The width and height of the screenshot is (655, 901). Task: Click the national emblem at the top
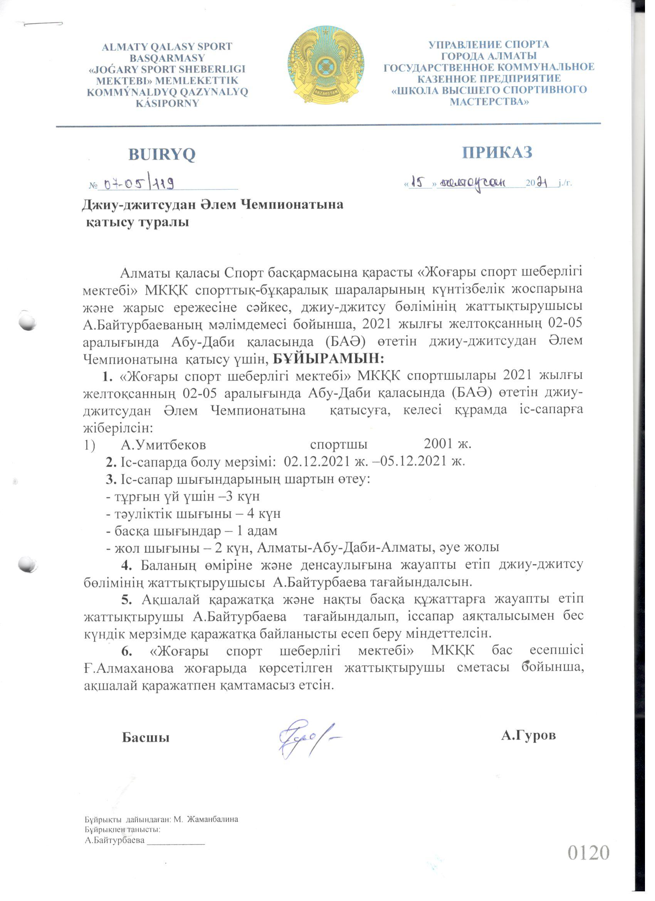tap(326, 66)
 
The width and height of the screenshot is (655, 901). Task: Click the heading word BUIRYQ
tap(162, 155)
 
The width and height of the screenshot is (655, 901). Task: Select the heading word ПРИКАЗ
tap(497, 153)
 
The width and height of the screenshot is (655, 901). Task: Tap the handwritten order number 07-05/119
tap(139, 183)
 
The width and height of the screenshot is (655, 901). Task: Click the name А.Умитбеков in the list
tap(163, 444)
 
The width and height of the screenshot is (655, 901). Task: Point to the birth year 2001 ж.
tap(447, 443)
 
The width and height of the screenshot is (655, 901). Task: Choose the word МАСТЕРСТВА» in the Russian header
tap(489, 102)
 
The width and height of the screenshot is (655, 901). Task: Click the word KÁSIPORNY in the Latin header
tap(167, 103)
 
